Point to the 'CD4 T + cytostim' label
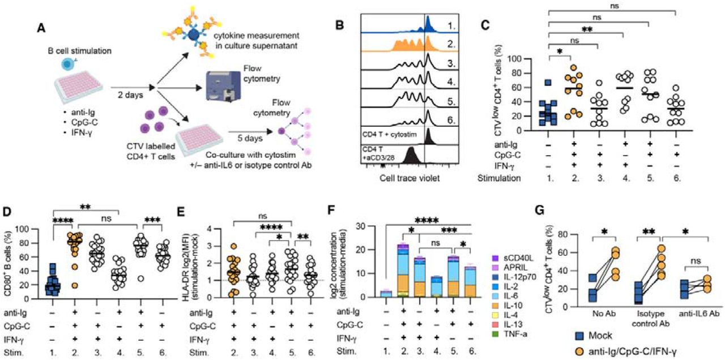coord(393,134)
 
